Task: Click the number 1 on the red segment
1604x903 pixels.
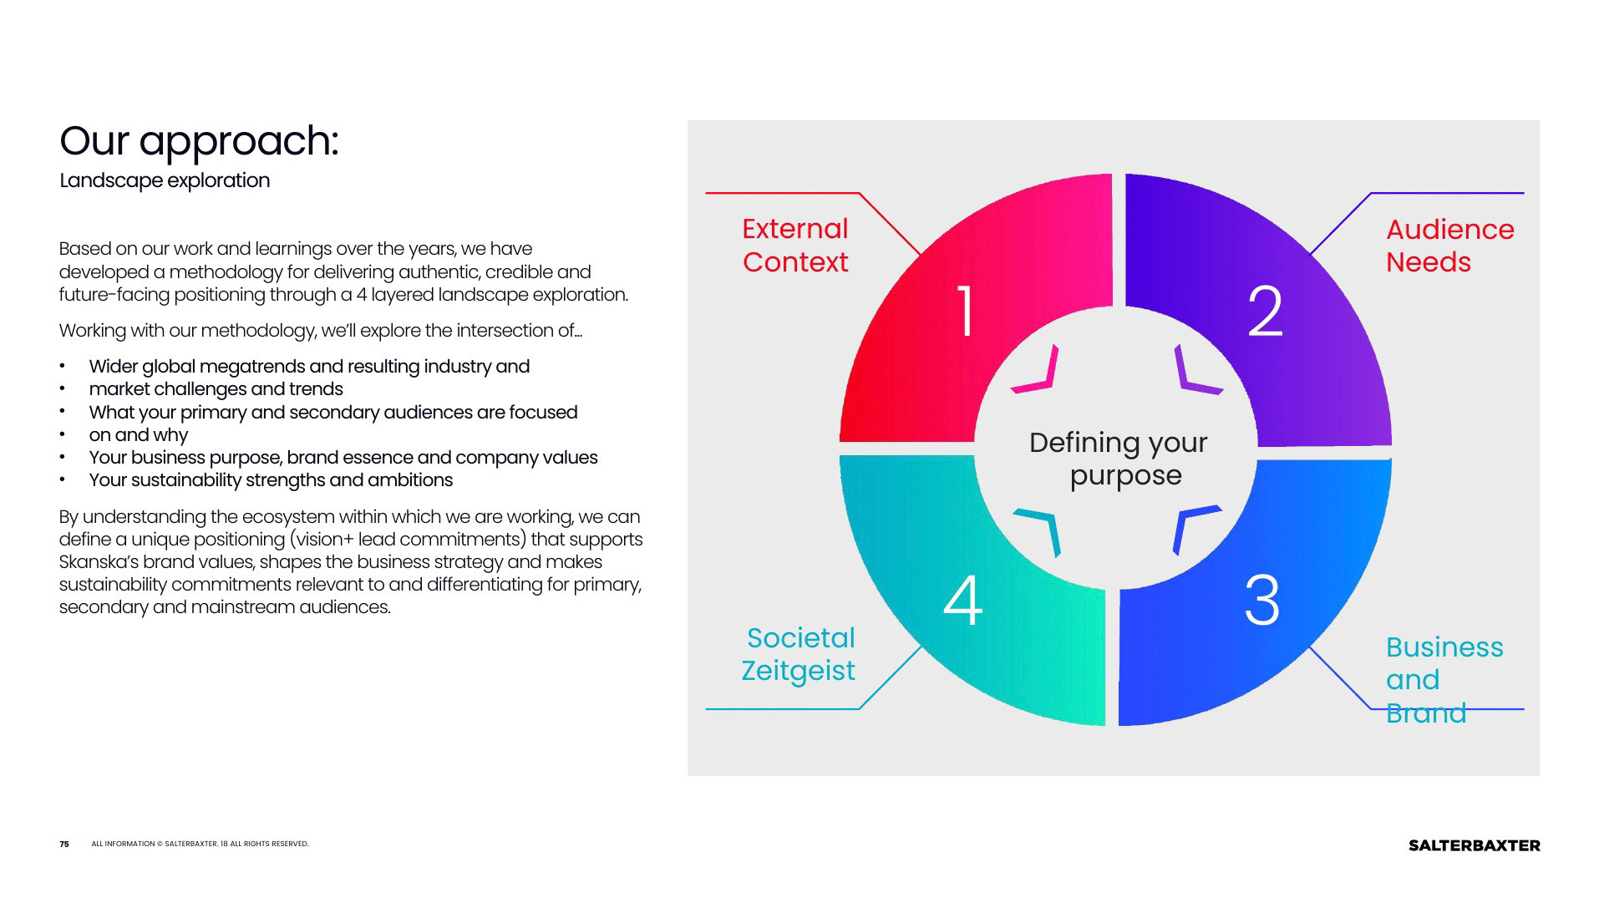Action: (966, 311)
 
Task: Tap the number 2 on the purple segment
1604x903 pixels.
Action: (1265, 311)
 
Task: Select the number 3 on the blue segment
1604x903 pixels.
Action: (1261, 600)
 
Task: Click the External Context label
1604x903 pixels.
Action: (794, 246)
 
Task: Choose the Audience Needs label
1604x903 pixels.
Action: (1449, 246)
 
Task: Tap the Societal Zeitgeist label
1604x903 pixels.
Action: (799, 654)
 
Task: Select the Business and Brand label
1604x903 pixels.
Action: (1444, 679)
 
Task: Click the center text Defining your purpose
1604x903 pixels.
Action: (1119, 459)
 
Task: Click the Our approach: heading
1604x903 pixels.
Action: (199, 140)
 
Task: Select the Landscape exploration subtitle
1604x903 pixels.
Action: (165, 180)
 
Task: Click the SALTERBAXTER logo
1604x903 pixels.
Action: (1474, 845)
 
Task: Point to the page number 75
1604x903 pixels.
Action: (64, 845)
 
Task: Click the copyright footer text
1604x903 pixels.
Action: (200, 845)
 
